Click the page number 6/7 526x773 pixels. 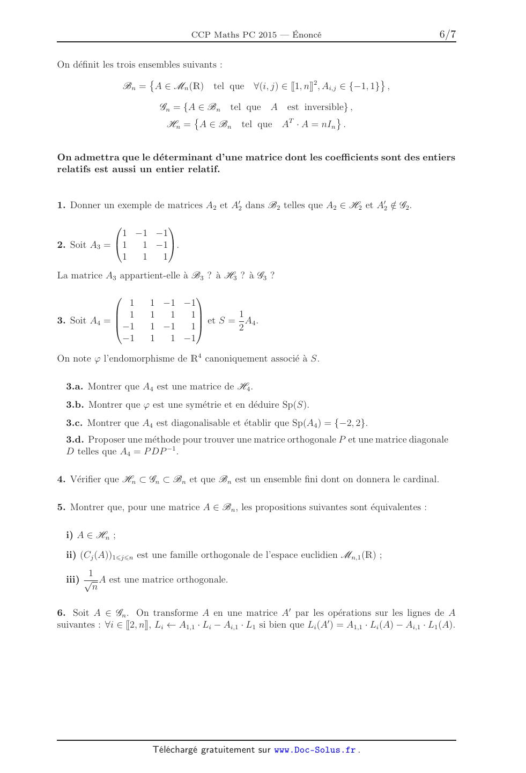(447, 35)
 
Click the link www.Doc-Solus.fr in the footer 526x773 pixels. (315, 750)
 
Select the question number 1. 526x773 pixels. (61, 205)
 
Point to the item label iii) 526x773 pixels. (72, 579)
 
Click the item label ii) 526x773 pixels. (71, 555)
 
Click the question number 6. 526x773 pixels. (61, 613)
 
